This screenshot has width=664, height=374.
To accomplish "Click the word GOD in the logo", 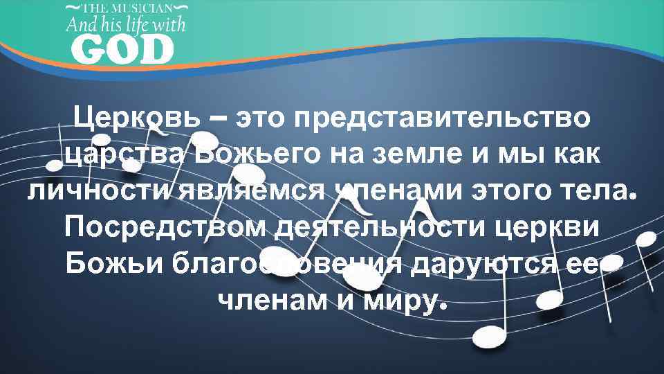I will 122,51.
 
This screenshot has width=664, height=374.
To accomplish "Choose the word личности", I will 94,190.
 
